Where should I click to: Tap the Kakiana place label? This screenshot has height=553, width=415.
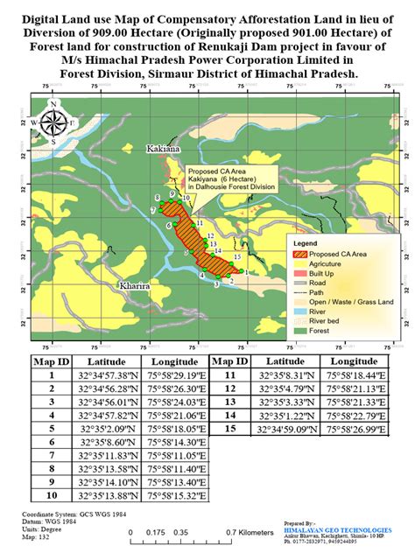click(164, 150)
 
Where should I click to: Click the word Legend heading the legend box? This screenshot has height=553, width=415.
click(306, 241)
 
